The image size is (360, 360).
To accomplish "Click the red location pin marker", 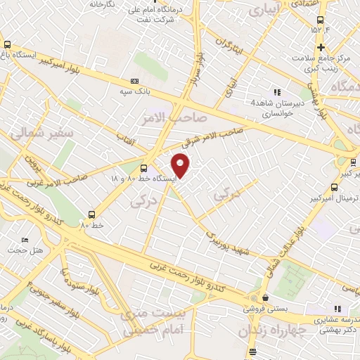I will tap(181, 166).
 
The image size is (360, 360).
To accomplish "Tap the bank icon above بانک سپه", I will tap(135, 82).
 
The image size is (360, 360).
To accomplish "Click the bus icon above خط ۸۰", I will tap(91, 214).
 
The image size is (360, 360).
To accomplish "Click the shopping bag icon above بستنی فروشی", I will tap(264, 297).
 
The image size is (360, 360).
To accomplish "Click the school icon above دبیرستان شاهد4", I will tap(276, 92).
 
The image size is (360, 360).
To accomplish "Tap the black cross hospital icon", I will tap(321, 47).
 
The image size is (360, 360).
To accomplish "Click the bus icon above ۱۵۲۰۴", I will tap(321, 20).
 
